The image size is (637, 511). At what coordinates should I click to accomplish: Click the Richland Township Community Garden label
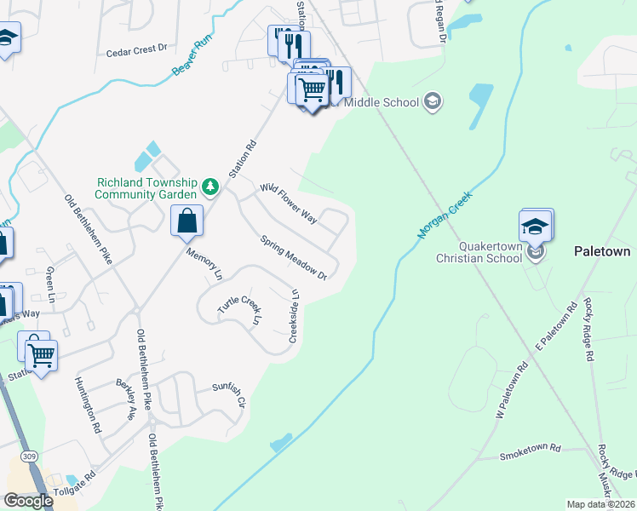point(146,188)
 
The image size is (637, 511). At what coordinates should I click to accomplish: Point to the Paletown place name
point(601,252)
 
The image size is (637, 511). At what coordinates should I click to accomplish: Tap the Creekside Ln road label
point(294,317)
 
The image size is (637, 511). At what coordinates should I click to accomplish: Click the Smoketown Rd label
point(531,448)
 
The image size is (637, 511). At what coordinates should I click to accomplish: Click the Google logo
point(28,501)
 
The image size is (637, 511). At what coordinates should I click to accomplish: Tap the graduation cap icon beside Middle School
point(433,102)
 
